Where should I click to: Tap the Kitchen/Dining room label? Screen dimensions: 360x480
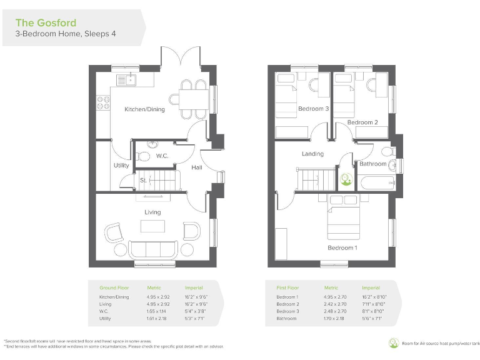point(144,109)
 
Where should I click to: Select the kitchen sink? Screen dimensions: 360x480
point(126,80)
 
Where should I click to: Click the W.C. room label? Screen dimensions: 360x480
point(162,155)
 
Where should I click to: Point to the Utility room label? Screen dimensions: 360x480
point(121,166)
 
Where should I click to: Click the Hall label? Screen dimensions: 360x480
point(196,167)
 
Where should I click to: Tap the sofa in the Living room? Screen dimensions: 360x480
point(152,249)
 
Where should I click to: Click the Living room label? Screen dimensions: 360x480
point(152,212)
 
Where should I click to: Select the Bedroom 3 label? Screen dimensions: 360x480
point(313,109)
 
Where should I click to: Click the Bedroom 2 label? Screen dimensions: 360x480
point(362,122)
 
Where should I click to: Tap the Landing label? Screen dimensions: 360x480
point(312,154)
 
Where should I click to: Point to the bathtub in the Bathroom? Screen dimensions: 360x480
point(374,182)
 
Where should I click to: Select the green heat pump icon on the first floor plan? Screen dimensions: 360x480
point(345,177)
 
